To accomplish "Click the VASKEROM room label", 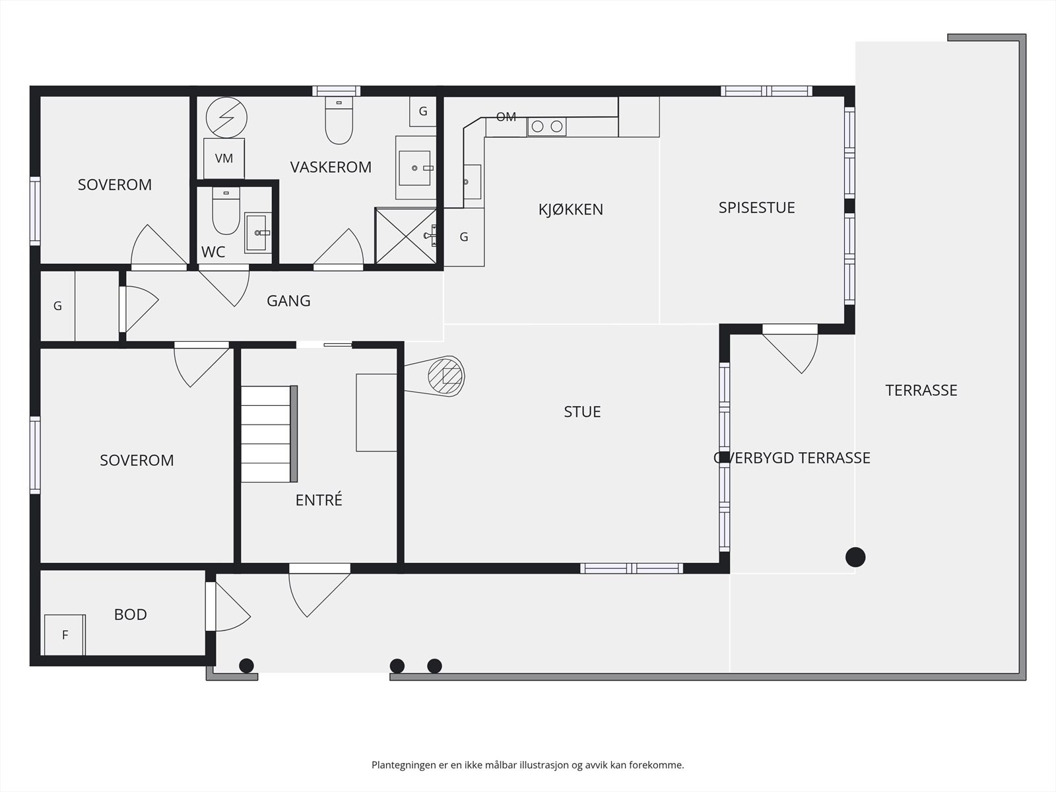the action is (x=331, y=167).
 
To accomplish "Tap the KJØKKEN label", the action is (x=571, y=209).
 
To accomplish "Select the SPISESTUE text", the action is (x=757, y=207).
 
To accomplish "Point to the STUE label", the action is (x=582, y=412).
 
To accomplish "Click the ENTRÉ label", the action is (x=319, y=500).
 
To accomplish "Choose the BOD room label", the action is (x=131, y=614).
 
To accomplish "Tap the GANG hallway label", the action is (x=288, y=300).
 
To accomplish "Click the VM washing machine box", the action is (x=224, y=158).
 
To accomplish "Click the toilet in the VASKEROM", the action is (x=339, y=120).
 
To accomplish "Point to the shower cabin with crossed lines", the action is (x=405, y=236).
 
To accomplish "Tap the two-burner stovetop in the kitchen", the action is (x=546, y=127).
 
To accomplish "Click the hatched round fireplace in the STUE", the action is (x=446, y=375).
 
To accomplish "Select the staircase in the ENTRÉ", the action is (x=269, y=434).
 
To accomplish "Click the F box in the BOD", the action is (x=65, y=635).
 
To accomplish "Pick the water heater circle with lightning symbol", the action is (x=226, y=118).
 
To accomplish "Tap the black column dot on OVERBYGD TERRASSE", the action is (x=855, y=557).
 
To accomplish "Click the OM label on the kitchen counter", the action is (x=506, y=116).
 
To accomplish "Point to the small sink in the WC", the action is (x=258, y=233).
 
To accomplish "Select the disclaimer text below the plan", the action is (x=528, y=764).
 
